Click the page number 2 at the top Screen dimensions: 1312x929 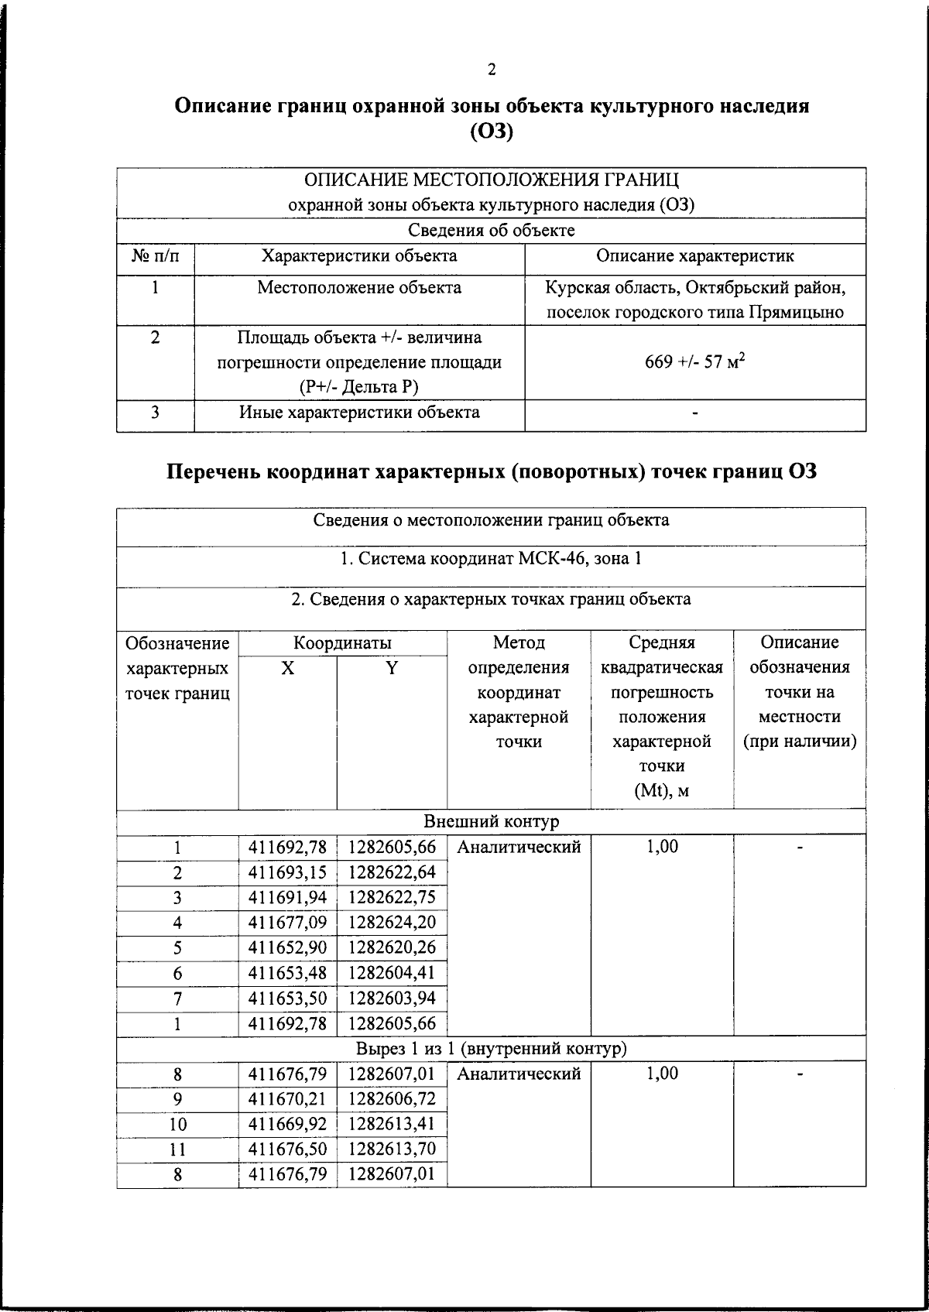pos(492,70)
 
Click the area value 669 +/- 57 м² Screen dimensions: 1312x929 pos(694,361)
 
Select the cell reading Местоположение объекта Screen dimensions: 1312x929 pos(359,288)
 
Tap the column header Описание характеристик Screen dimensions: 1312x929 pos(694,256)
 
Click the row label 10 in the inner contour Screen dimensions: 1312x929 pos(177,1124)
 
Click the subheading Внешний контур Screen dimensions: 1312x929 pos(491,821)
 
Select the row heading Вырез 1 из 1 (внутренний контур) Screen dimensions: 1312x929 pos(491,1048)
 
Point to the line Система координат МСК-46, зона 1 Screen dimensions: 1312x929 pos(491,559)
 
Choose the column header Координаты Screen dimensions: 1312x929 pos(342,643)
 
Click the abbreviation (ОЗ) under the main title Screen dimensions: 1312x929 pos(492,132)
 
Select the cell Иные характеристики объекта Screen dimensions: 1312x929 pos(359,413)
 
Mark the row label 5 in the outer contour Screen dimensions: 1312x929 pos(177,948)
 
